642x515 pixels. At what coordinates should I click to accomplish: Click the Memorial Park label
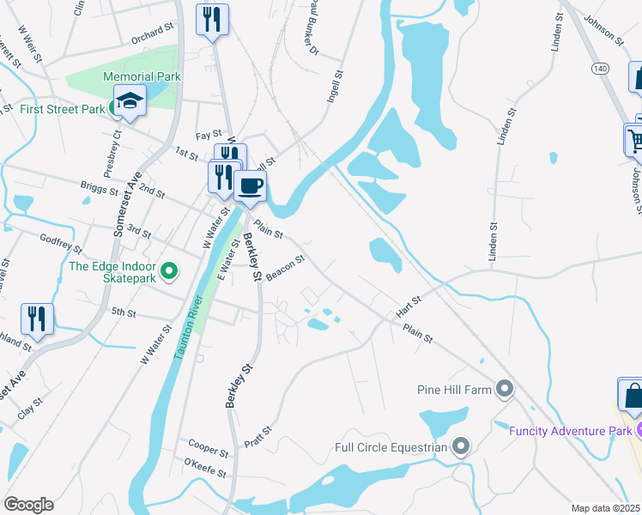[x=142, y=76]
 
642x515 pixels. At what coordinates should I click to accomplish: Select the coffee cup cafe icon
[x=250, y=186]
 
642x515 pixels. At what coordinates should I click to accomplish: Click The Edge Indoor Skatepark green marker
[x=169, y=272]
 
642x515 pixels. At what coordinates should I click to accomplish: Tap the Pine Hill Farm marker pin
[x=505, y=390]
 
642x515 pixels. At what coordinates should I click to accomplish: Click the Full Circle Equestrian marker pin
[x=461, y=446]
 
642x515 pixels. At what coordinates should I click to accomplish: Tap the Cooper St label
[x=208, y=450]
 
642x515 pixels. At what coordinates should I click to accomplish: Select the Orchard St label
[x=153, y=33]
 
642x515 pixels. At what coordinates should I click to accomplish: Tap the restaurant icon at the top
[x=212, y=19]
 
